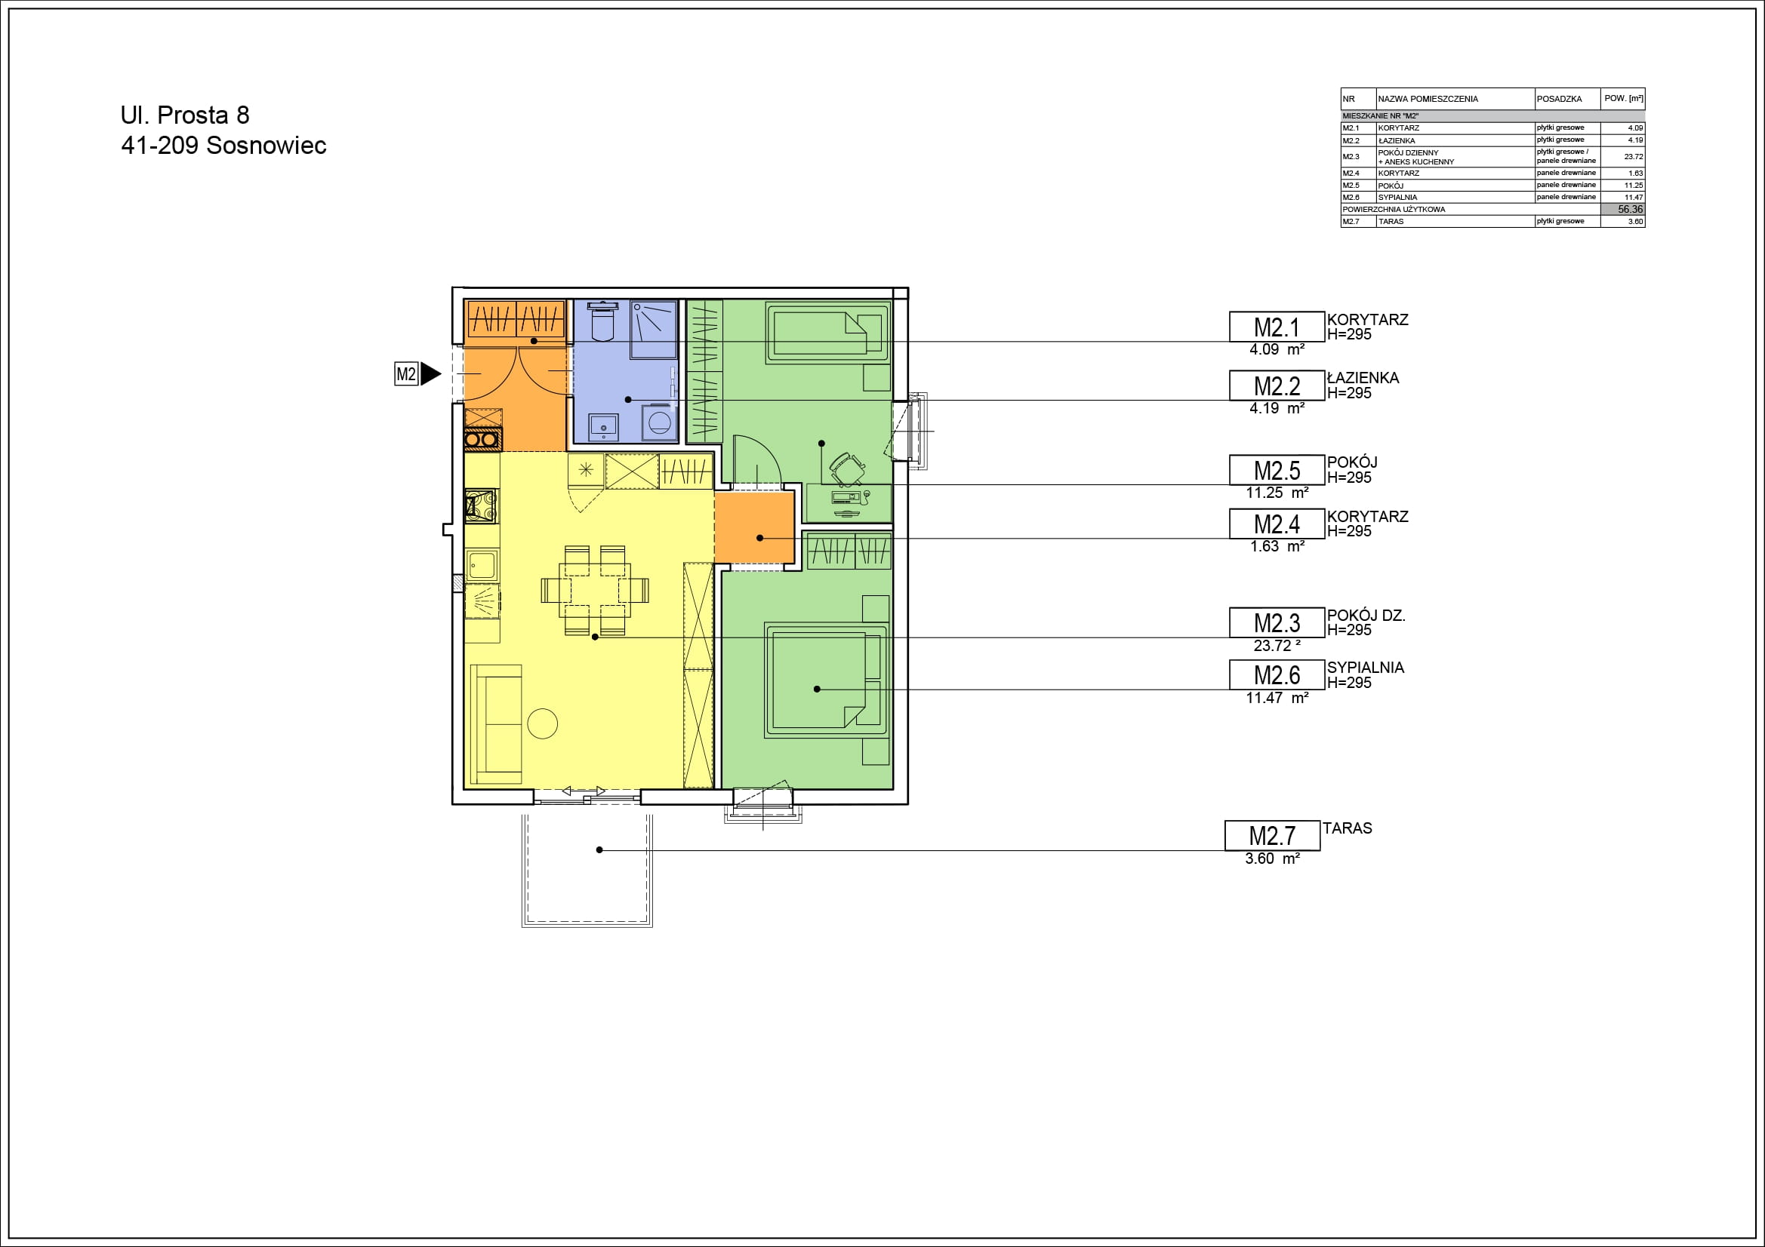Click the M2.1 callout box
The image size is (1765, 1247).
pos(1277,327)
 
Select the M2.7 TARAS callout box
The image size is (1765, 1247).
pos(1272,835)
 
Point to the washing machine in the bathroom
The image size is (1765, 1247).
pos(659,422)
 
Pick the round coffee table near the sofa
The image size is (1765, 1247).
pos(542,723)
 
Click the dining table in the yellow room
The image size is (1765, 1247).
pos(594,590)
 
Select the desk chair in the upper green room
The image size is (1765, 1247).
pos(847,468)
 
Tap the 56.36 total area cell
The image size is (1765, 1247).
pos(1623,209)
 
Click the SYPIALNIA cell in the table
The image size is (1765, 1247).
pos(1397,198)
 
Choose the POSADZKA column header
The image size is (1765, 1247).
pos(1559,99)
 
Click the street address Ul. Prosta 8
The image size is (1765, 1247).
pos(185,115)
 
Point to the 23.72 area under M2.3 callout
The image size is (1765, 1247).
pos(1277,646)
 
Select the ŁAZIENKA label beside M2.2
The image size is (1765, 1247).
pos(1363,377)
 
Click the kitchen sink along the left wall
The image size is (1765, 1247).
pos(482,567)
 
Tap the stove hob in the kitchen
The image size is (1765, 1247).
pos(481,505)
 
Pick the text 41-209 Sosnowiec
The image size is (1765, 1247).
pos(223,145)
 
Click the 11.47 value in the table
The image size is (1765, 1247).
pos(1634,198)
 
